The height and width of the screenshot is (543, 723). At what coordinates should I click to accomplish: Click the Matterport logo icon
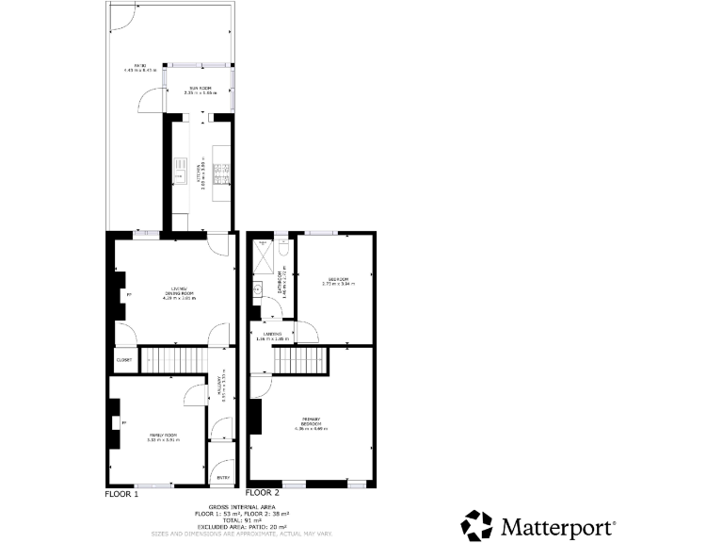[x=476, y=524]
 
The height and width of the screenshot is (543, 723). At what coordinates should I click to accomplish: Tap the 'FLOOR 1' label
[x=121, y=493]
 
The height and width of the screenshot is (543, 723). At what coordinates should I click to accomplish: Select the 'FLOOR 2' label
[x=263, y=493]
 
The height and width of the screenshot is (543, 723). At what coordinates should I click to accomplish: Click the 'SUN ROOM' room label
[x=201, y=90]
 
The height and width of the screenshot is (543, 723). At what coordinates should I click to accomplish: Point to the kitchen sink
[x=179, y=173]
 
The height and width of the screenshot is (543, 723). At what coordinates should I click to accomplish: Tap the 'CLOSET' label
[x=123, y=359]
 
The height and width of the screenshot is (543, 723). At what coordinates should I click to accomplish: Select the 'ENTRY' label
[x=223, y=477]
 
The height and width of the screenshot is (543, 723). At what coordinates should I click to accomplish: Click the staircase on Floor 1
[x=172, y=359]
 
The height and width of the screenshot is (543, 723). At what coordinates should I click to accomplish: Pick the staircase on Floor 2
[x=300, y=359]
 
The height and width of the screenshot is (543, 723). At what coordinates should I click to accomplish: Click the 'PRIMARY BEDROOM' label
[x=313, y=424]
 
